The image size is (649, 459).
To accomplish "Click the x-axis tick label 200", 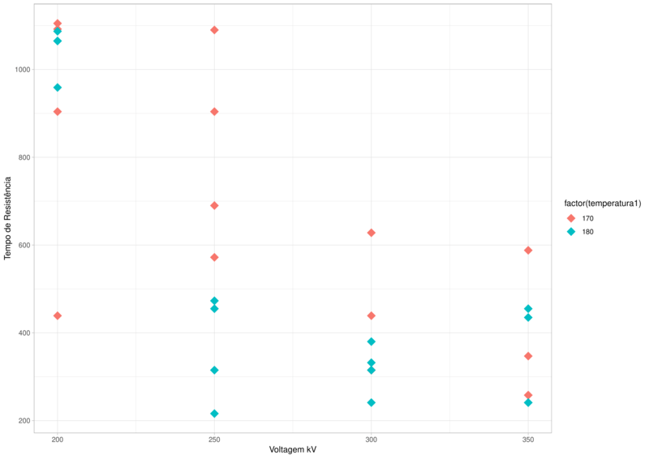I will pyautogui.click(x=57, y=439).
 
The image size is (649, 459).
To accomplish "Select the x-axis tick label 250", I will pyautogui.click(x=214, y=439).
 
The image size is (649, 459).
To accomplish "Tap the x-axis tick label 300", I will pyautogui.click(x=371, y=439).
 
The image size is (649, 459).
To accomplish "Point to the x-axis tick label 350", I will pyautogui.click(x=528, y=439).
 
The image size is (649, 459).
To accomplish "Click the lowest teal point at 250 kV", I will pyautogui.click(x=214, y=414).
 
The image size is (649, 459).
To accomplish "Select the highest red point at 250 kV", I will pyautogui.click(x=214, y=30).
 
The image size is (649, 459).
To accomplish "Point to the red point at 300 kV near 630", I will pyautogui.click(x=372, y=233).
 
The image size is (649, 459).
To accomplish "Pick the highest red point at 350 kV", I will pyautogui.click(x=528, y=250).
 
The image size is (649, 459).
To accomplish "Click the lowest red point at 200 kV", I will pyautogui.click(x=58, y=315).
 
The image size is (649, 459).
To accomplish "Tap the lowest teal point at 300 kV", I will pyautogui.click(x=372, y=402).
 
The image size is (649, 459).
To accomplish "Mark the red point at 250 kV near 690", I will pyautogui.click(x=214, y=205).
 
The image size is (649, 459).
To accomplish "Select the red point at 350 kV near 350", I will pyautogui.click(x=528, y=356).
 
